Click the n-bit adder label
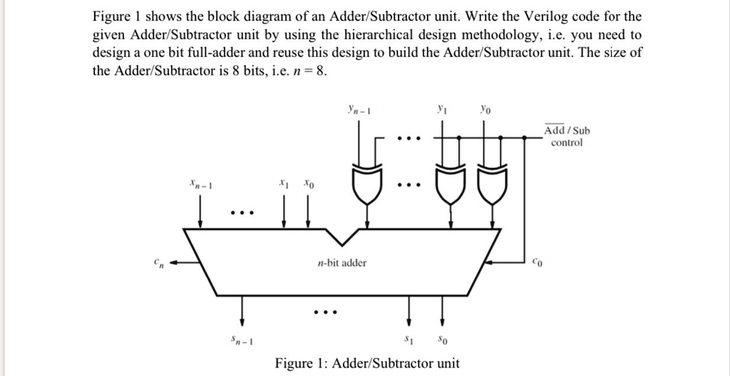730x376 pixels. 342,263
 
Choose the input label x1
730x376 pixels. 284,183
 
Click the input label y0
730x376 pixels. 485,111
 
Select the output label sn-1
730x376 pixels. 245,340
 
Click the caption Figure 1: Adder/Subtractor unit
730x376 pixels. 367,363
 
